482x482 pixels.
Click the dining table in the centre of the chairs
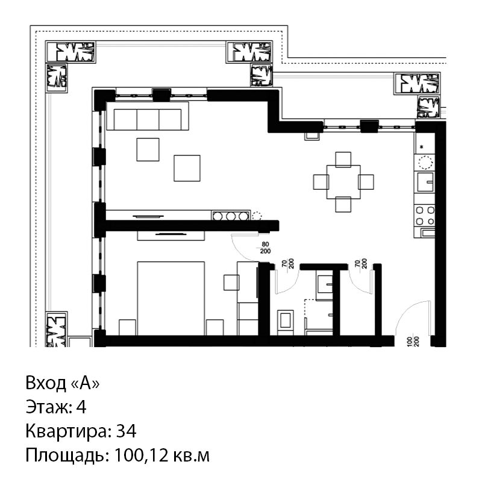tap(343, 182)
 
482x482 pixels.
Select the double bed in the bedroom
tap(171, 298)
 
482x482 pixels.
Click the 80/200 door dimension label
tap(265, 248)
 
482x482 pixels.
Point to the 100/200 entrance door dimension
tap(413, 342)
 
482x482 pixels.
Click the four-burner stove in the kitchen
tap(425, 216)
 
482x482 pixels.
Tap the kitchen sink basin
tap(425, 182)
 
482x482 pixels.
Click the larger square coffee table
tap(187, 168)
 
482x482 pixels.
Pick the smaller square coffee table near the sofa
tap(148, 149)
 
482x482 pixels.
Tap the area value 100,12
tap(141, 455)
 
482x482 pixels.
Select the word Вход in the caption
tap(46, 383)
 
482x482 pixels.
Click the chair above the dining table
tap(343, 159)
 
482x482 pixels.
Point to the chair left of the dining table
tap(321, 182)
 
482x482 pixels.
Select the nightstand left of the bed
tap(127, 327)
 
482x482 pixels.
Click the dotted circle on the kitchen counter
tap(425, 162)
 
